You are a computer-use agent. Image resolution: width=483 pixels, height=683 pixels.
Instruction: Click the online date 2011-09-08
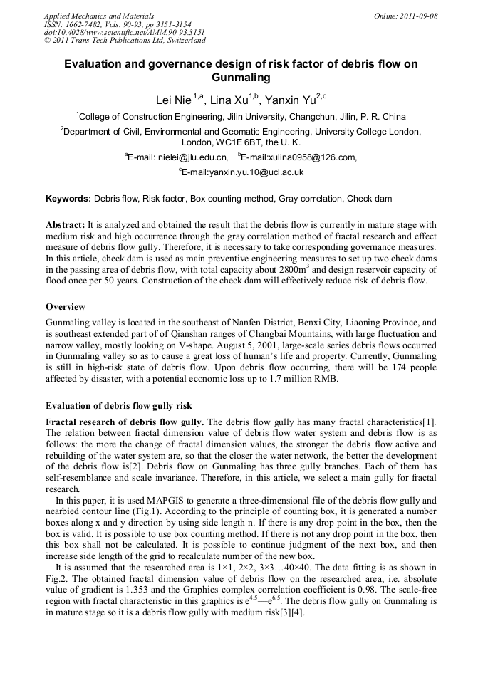(x=419, y=16)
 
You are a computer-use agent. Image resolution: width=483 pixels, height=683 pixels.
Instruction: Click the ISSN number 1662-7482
(x=88, y=24)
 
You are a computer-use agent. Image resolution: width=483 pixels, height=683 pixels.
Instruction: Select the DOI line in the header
(x=125, y=32)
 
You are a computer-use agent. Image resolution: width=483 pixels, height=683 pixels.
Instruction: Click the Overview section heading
(x=66, y=306)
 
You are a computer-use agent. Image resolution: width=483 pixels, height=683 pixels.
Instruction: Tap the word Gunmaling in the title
(x=241, y=77)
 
